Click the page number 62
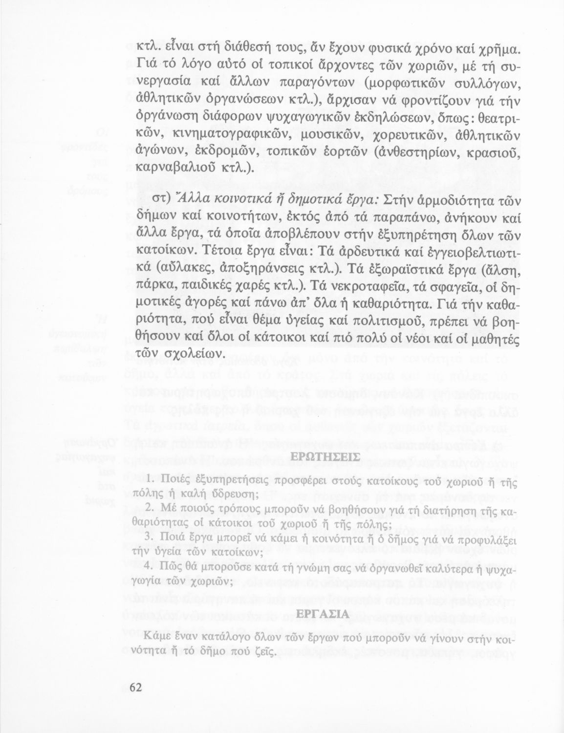[135, 687]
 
